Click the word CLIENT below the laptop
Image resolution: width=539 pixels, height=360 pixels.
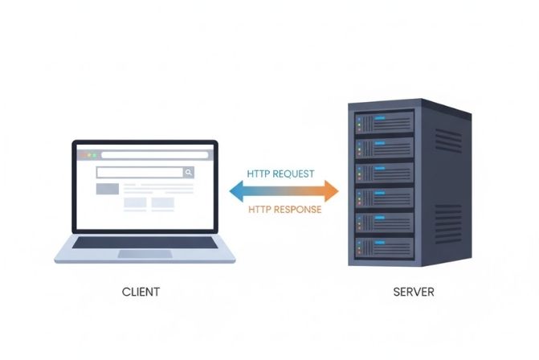(x=141, y=292)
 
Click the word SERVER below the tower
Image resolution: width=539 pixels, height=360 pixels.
(x=414, y=292)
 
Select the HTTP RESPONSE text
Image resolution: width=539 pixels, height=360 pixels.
(x=284, y=209)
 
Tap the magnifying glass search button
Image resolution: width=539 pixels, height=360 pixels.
(x=188, y=172)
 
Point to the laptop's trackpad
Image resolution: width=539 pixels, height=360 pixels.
(x=145, y=254)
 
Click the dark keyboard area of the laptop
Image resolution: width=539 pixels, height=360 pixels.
(x=145, y=243)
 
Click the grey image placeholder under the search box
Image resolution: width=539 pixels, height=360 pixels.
(x=107, y=189)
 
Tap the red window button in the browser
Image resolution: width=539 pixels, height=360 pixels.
(x=80, y=153)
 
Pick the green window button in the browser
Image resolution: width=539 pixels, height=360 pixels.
(x=92, y=153)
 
